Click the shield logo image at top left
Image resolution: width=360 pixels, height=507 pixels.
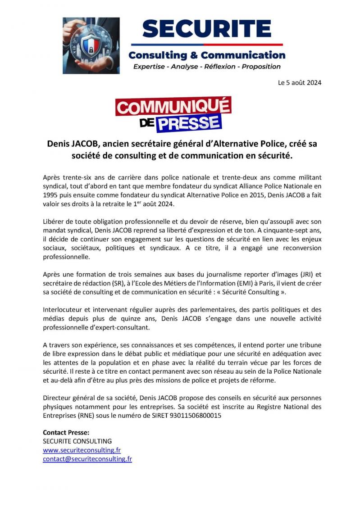click(91, 45)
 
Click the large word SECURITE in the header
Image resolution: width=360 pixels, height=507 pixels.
click(207, 29)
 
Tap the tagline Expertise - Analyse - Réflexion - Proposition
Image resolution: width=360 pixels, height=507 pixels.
click(207, 67)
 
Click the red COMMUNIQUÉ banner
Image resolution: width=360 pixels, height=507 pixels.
click(173, 108)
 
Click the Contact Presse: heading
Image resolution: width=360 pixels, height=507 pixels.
click(66, 432)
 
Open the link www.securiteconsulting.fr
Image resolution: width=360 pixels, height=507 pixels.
click(82, 450)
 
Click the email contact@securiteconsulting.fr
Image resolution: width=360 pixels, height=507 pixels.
click(87, 459)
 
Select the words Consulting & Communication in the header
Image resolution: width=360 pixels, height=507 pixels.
click(207, 55)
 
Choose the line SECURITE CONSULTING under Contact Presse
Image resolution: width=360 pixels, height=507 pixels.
click(77, 441)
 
